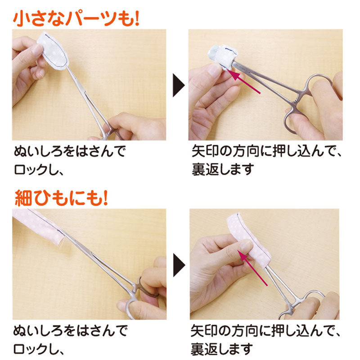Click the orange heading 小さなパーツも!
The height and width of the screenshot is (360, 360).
tap(76, 18)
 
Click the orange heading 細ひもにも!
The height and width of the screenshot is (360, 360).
tap(61, 198)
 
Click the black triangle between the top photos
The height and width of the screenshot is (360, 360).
tap(178, 85)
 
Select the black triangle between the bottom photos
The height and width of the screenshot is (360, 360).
tap(179, 265)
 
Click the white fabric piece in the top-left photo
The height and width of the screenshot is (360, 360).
tap(53, 51)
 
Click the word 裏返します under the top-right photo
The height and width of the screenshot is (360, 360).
tap(222, 169)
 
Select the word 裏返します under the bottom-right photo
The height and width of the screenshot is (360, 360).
tap(222, 349)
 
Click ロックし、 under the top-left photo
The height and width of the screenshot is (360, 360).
tap(38, 170)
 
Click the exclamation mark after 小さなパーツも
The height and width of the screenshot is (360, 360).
tap(137, 18)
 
